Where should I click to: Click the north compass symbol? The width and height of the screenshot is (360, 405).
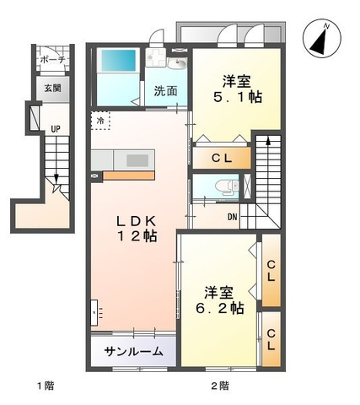[322, 38]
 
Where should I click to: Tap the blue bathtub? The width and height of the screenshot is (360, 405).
[118, 60]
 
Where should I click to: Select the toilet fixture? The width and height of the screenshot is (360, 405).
[227, 186]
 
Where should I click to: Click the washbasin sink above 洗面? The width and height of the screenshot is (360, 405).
[177, 63]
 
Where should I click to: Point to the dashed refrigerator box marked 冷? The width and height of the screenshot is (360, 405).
[100, 121]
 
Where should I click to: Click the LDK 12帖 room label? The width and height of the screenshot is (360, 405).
[137, 229]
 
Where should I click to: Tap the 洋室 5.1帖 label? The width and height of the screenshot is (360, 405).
[238, 89]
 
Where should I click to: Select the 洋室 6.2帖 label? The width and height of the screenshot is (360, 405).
[219, 300]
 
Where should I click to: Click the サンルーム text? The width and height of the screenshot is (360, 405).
[133, 351]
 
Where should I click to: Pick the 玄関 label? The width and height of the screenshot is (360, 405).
[52, 89]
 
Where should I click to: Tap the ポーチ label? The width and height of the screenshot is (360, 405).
[53, 60]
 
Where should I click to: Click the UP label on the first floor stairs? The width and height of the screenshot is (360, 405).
[56, 129]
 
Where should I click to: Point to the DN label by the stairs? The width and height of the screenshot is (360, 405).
[233, 217]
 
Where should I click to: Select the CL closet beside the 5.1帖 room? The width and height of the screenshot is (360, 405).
[222, 159]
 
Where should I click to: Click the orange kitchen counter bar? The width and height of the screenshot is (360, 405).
[129, 175]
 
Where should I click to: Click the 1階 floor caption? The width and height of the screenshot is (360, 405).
[46, 386]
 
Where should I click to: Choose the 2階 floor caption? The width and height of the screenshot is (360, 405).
[220, 386]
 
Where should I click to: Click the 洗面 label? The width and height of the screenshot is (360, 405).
[165, 91]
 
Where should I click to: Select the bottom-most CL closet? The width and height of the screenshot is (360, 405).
[271, 339]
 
